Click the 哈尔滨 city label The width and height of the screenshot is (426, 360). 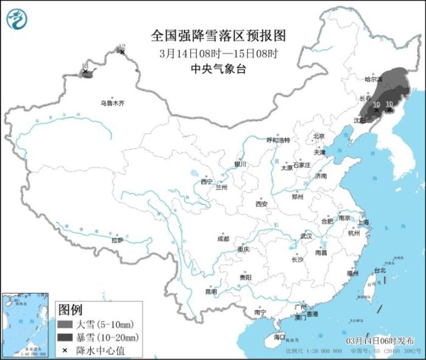pyautogui.click(x=373, y=79)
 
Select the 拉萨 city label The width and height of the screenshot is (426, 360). pyautogui.click(x=117, y=240)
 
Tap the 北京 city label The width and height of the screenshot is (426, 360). pyautogui.click(x=319, y=136)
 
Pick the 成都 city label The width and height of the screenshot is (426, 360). pyautogui.click(x=223, y=239)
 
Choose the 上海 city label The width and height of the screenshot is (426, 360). pyautogui.click(x=363, y=222)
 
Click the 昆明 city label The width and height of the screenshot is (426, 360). pyautogui.click(x=211, y=291)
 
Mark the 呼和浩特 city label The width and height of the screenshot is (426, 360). pyautogui.click(x=279, y=140)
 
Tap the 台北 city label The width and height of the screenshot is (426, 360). pyautogui.click(x=379, y=270)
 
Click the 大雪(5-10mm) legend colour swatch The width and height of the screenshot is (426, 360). pyautogui.click(x=65, y=324)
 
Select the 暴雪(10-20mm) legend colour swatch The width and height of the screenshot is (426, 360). pyautogui.click(x=65, y=337)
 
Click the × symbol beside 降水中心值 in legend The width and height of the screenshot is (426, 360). pyautogui.click(x=65, y=350)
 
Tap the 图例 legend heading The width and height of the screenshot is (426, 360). pyautogui.click(x=70, y=310)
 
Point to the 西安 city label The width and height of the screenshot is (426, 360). pyautogui.click(x=262, y=204)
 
